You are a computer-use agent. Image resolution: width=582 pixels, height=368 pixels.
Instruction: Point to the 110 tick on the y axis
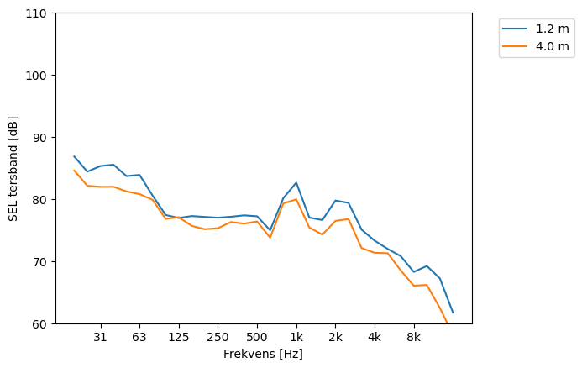click(38, 13)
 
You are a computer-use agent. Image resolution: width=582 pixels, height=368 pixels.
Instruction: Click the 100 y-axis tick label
click(38, 76)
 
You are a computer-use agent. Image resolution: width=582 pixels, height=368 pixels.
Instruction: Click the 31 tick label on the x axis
click(100, 338)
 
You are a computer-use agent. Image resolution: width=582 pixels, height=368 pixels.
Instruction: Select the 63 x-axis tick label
click(139, 338)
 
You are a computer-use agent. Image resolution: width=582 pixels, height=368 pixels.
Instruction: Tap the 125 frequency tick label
click(178, 338)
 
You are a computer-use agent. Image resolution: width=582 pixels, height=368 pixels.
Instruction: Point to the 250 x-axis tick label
click(218, 338)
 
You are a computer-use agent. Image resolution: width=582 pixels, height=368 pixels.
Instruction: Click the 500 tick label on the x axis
click(257, 338)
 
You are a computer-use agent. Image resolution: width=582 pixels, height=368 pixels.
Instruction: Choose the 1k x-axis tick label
click(296, 338)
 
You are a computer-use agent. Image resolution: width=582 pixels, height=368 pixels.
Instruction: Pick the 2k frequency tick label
click(335, 338)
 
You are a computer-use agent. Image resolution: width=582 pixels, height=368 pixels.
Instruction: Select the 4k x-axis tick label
click(375, 338)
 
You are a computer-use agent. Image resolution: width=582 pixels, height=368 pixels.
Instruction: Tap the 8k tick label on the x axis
click(414, 338)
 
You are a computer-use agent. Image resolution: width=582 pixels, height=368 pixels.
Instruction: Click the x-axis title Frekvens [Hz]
click(263, 354)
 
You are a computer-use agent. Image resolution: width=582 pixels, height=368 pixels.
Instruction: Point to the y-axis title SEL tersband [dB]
click(13, 168)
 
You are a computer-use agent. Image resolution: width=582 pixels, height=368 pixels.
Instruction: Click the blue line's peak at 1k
click(296, 182)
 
